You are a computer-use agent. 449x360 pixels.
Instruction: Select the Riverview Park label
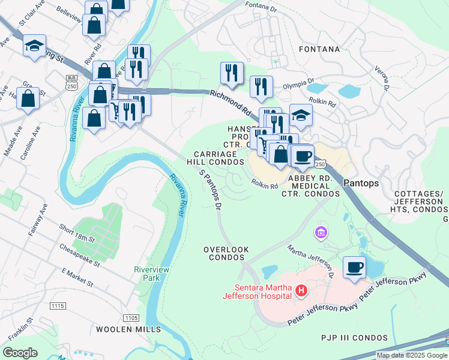pos(152,274)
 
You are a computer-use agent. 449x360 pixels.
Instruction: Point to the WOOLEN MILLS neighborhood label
pos(127,329)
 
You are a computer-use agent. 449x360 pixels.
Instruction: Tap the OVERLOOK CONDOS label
pos(225,253)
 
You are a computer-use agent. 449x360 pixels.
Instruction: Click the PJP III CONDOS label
pos(355,338)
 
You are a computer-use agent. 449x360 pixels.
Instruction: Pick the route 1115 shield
pos(58,306)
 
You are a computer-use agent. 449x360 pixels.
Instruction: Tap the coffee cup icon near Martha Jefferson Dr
pos(354,266)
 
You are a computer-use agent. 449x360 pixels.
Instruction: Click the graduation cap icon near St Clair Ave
pos(34,46)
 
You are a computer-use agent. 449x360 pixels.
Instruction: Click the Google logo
pos(20,353)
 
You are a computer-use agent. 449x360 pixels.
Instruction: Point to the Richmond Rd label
pos(231,102)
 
